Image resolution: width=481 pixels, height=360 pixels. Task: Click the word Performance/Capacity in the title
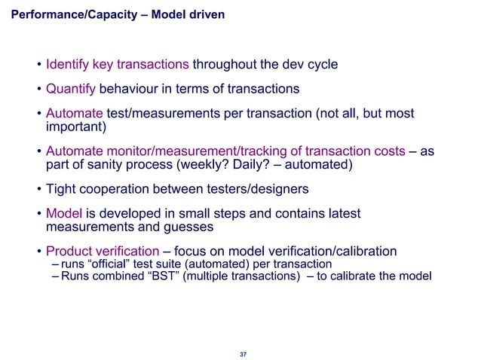(70, 14)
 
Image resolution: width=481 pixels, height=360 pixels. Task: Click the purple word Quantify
(71, 89)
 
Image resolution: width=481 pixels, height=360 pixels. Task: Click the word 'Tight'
(64, 189)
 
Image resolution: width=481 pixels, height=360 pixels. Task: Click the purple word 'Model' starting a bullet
(64, 214)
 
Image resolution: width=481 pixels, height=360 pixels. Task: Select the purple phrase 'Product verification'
(103, 251)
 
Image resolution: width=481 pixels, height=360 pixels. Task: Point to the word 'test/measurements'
(158, 114)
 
